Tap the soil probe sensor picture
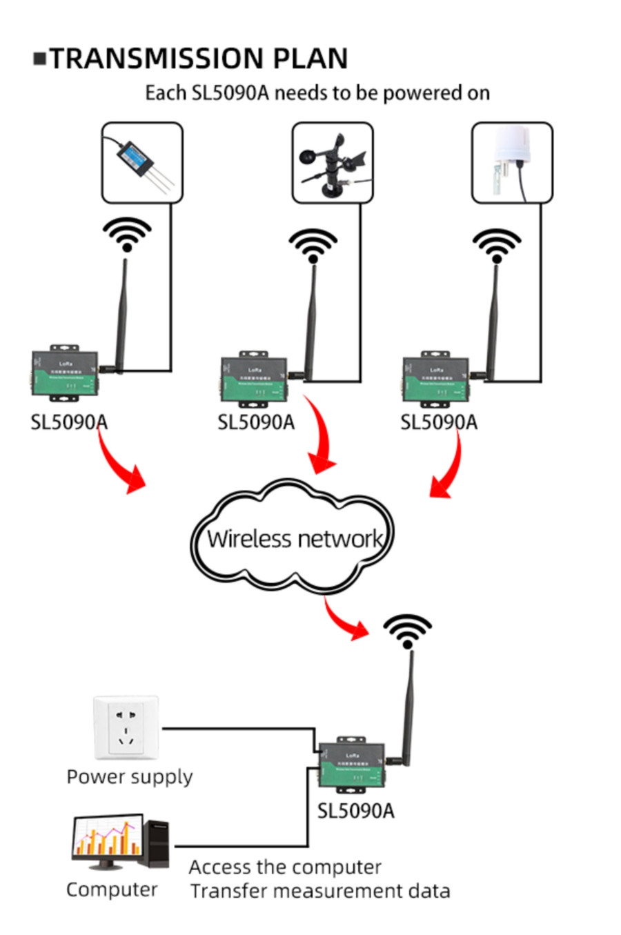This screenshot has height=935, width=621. point(142,163)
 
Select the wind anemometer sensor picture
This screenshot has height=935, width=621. point(332,163)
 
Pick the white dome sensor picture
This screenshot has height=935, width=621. point(511,163)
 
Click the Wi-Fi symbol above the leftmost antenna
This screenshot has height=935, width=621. point(127,235)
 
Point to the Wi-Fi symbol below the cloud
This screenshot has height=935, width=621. point(407,631)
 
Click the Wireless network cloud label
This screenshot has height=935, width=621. point(294,539)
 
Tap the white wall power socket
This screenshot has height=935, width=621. point(126,728)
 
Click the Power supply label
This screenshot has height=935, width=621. point(130,777)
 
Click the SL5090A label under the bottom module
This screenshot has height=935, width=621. point(355,811)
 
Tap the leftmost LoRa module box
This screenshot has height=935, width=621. point(65,373)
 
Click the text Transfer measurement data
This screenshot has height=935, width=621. point(320,891)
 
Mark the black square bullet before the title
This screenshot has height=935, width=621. point(40,59)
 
